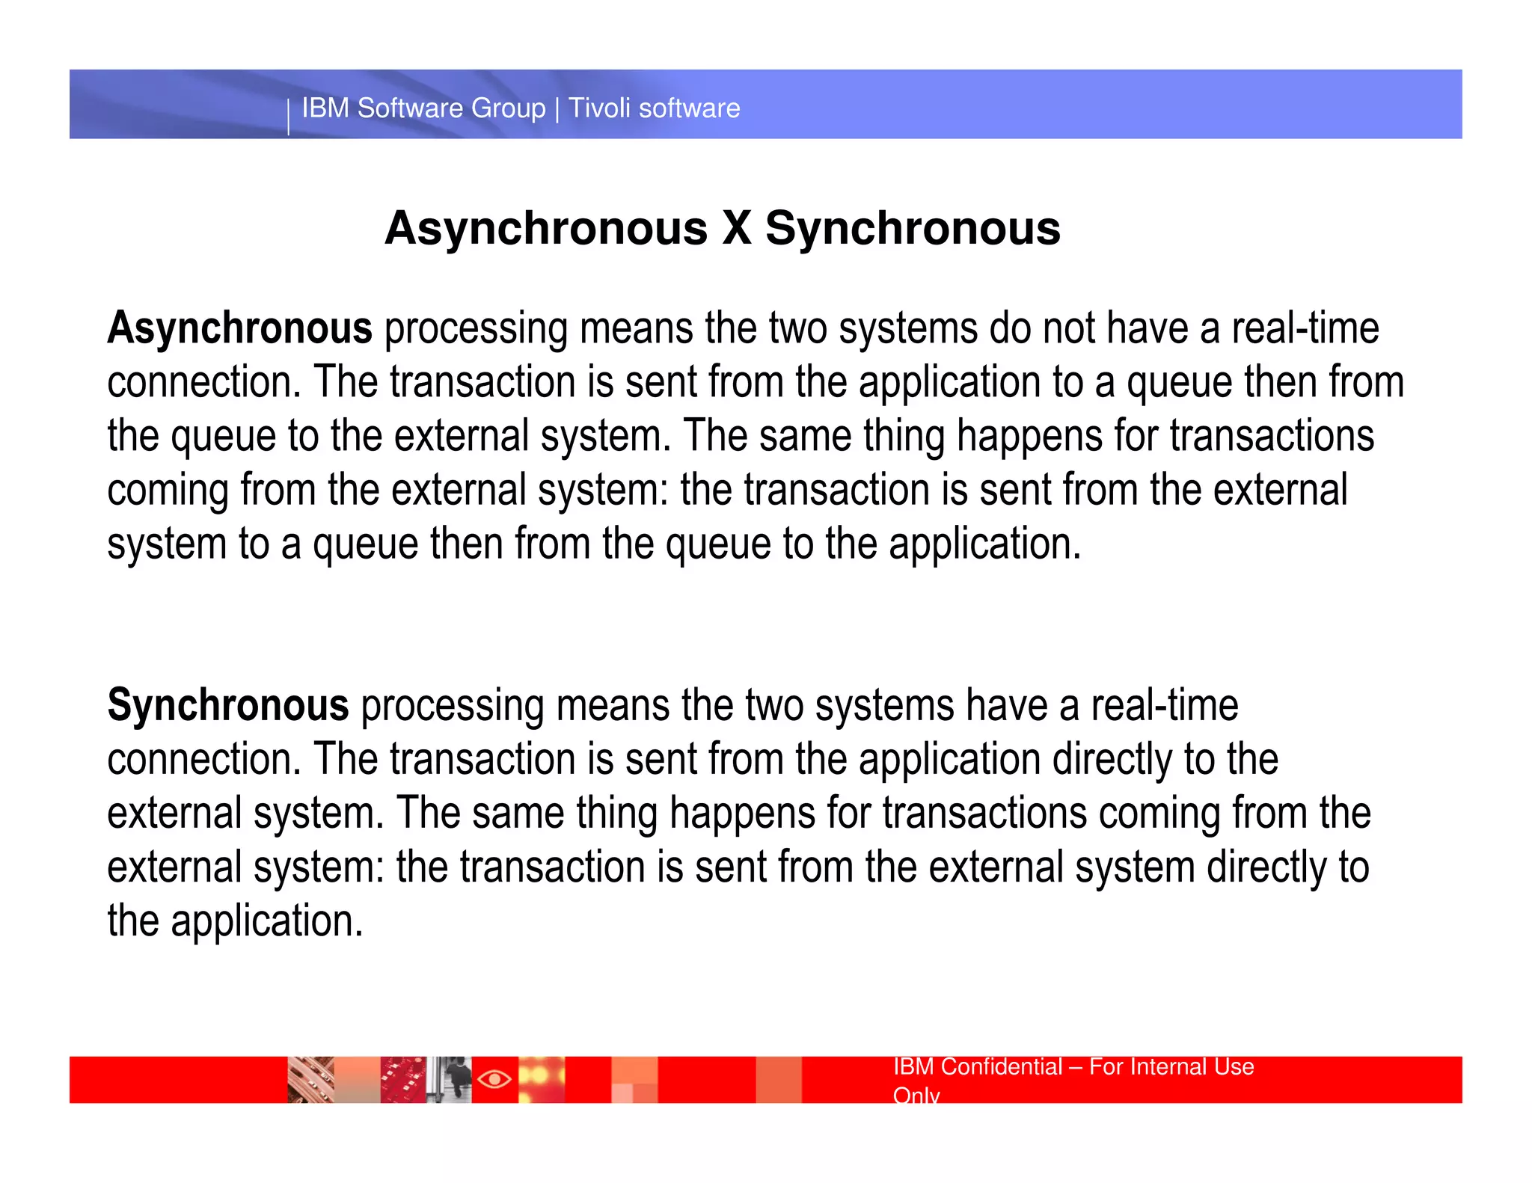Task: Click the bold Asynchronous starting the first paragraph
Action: click(x=239, y=328)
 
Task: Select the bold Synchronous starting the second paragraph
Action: click(x=228, y=705)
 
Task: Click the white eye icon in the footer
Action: click(x=494, y=1079)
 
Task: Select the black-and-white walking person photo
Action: click(x=450, y=1079)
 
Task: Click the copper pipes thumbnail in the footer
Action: click(x=310, y=1079)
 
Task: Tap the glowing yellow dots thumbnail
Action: click(x=542, y=1079)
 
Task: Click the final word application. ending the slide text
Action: click(x=266, y=921)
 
